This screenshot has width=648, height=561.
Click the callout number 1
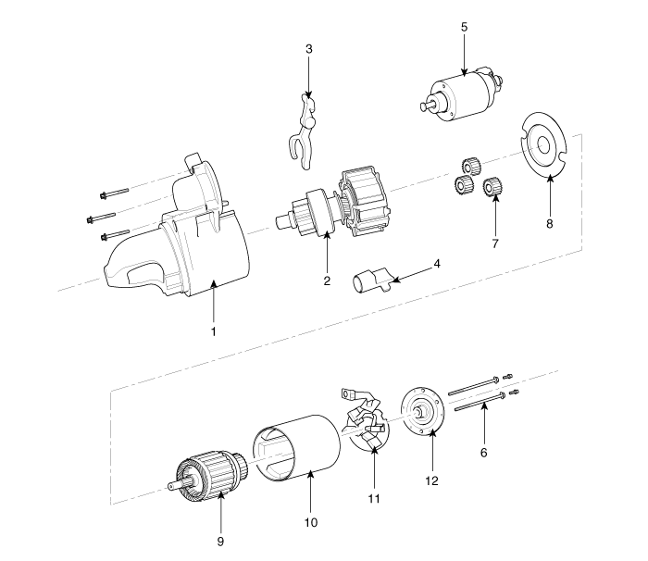(214, 330)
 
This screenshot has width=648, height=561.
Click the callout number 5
(463, 26)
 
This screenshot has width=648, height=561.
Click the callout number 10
(311, 522)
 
